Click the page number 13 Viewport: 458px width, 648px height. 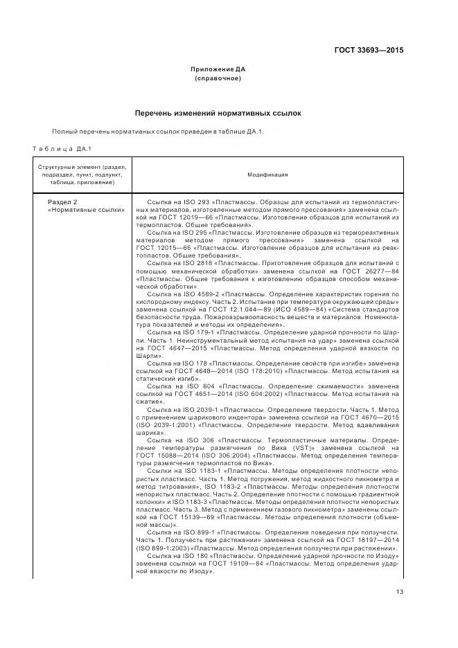point(400,591)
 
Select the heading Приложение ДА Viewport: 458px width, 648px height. point(218,70)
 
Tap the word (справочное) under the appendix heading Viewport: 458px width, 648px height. point(218,79)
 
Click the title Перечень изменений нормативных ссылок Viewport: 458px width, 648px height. point(218,113)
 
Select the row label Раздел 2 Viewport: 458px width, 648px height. point(62,201)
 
